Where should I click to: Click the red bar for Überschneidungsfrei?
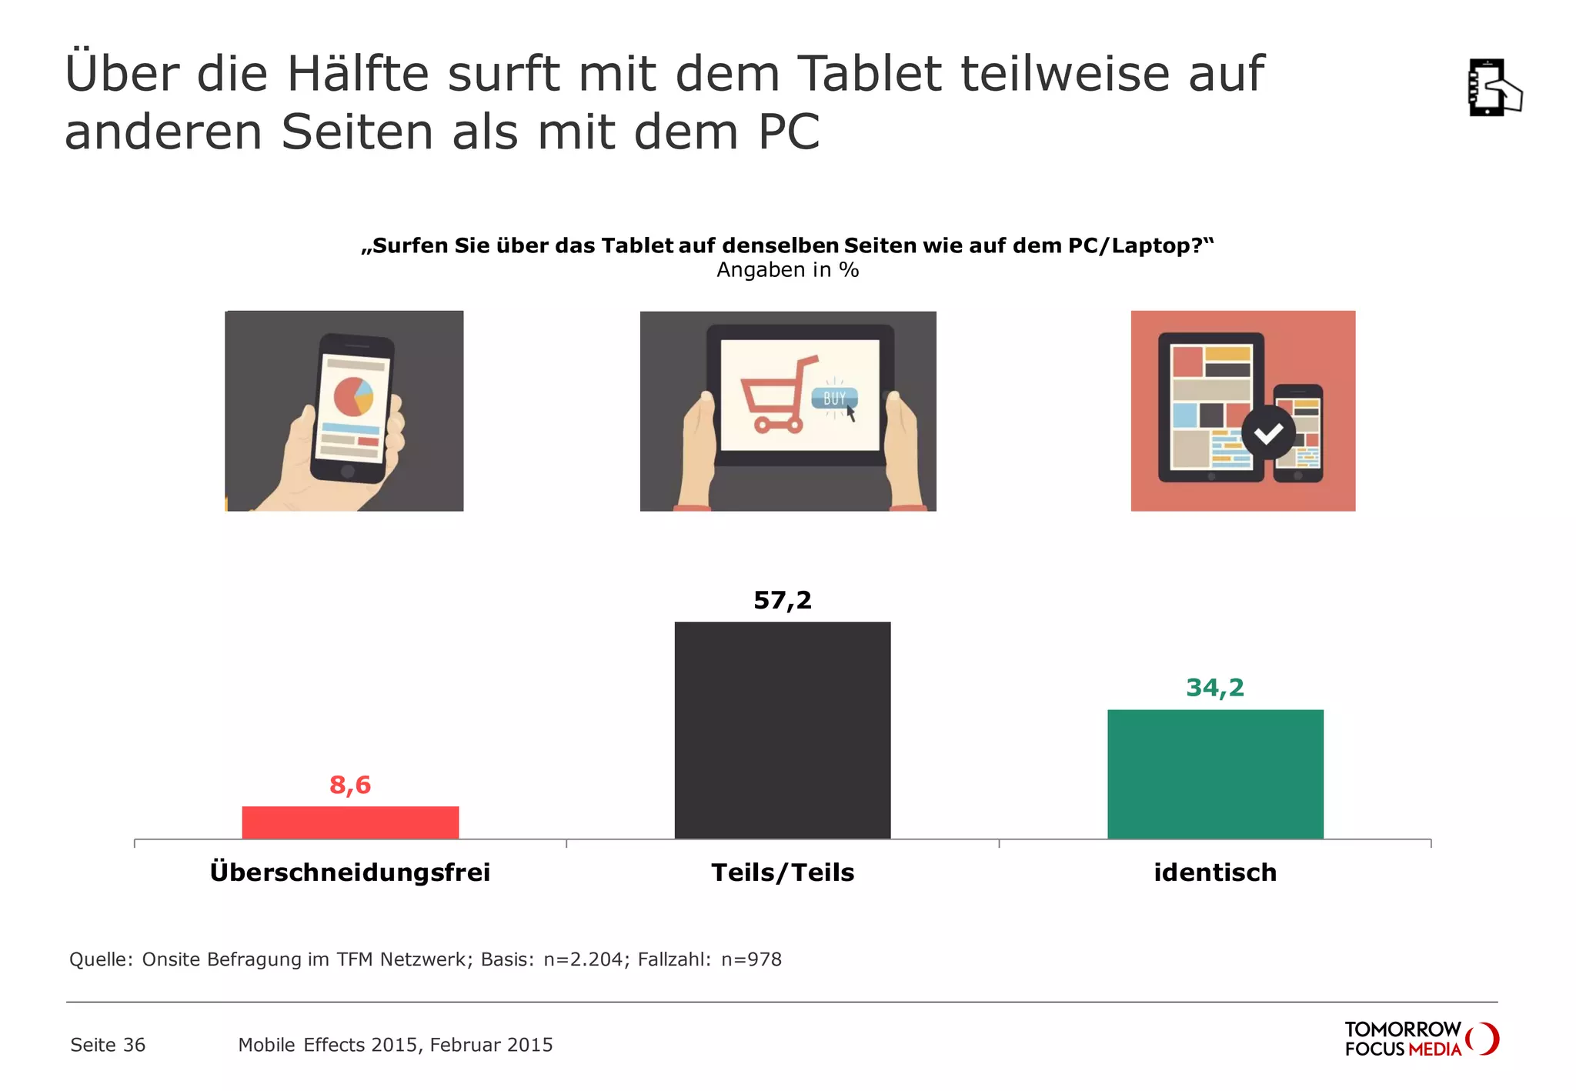(350, 822)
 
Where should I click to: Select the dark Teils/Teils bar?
(783, 730)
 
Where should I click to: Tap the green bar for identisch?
(1215, 774)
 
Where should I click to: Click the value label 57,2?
(783, 600)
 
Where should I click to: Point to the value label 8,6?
(350, 785)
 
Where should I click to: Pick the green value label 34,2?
(1215, 687)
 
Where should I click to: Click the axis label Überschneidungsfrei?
(350, 872)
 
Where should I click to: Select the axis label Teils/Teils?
(783, 872)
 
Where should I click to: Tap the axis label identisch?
(1215, 872)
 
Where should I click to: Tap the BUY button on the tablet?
(834, 399)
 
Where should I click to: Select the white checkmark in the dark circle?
(1268, 433)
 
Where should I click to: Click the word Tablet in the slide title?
(869, 74)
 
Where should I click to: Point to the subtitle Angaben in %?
(787, 270)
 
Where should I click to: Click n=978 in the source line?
(751, 959)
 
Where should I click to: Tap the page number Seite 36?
(108, 1045)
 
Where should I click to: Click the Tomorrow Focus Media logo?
(1421, 1039)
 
